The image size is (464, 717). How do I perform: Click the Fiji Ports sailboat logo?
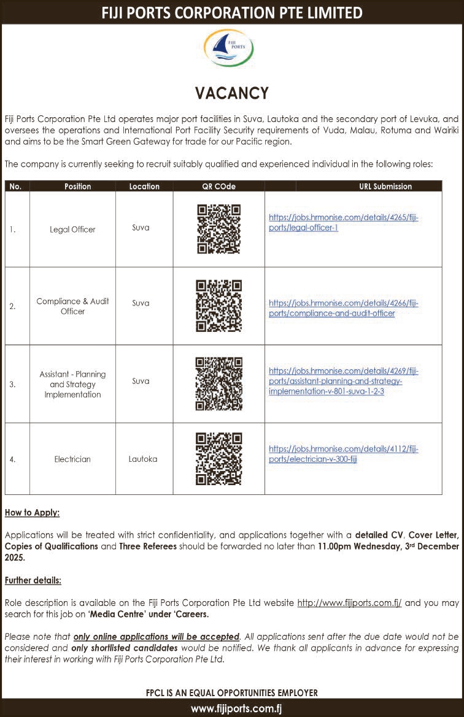(x=228, y=48)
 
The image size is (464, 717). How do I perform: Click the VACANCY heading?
(x=232, y=93)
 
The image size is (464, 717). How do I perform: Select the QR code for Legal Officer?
(x=218, y=229)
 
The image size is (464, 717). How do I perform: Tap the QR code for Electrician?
(x=218, y=459)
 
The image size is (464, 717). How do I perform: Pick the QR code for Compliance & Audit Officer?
(x=218, y=305)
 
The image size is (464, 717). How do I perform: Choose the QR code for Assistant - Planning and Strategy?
(x=218, y=384)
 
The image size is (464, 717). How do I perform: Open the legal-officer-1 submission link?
(x=344, y=223)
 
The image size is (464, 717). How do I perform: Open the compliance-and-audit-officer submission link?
(x=344, y=308)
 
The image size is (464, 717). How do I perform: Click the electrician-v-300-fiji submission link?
(x=344, y=454)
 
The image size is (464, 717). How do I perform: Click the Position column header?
(x=77, y=186)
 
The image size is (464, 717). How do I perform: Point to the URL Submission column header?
(x=385, y=186)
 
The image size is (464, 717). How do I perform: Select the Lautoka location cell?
(x=142, y=459)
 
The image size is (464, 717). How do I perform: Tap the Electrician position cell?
(x=72, y=459)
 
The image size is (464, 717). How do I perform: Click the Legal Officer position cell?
(x=72, y=229)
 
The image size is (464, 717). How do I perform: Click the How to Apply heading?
(x=32, y=512)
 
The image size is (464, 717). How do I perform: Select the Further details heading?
(x=33, y=580)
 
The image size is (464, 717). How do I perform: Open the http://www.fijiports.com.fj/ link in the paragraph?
(x=349, y=603)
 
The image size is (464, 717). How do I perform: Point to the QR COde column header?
(x=218, y=186)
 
